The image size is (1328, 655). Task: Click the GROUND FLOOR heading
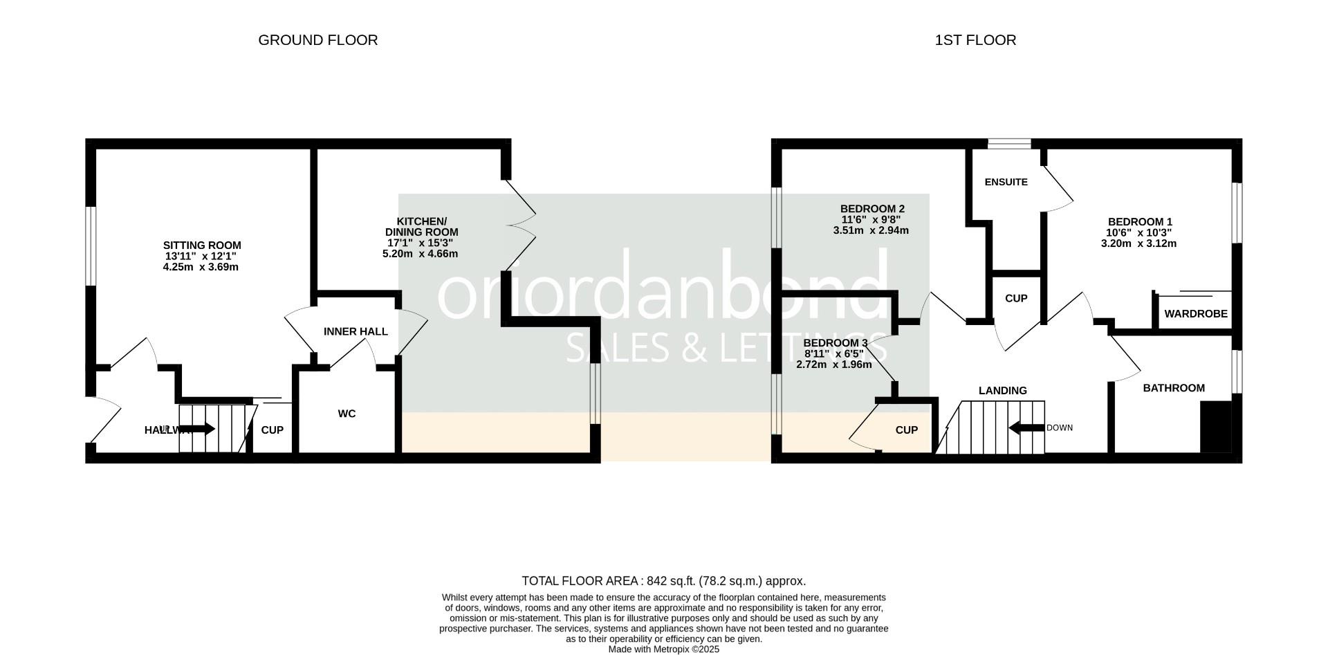(x=317, y=40)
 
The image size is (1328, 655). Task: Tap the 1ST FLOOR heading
(x=975, y=40)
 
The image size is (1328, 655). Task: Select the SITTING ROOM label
(x=202, y=246)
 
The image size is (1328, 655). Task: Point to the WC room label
(x=347, y=414)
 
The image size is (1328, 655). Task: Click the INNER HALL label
(x=356, y=332)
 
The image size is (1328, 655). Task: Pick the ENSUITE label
(x=1006, y=183)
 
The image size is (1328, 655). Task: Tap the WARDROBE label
(x=1196, y=314)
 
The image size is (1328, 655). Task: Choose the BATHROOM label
(x=1174, y=388)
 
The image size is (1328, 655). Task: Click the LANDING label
(x=1002, y=391)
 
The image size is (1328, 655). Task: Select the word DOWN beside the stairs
(x=1060, y=428)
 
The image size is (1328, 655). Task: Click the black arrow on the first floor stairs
(x=1026, y=428)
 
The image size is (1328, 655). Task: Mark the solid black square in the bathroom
(x=1215, y=426)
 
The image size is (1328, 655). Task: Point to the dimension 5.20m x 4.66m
(x=420, y=254)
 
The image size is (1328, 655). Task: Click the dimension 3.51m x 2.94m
(x=871, y=230)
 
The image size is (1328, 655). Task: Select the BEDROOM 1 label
(x=1138, y=222)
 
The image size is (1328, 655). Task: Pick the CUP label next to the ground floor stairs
(x=272, y=430)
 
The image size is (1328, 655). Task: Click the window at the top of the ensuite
(x=1009, y=144)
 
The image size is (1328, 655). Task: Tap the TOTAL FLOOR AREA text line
(x=663, y=581)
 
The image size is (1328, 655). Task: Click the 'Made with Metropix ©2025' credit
(x=663, y=649)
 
